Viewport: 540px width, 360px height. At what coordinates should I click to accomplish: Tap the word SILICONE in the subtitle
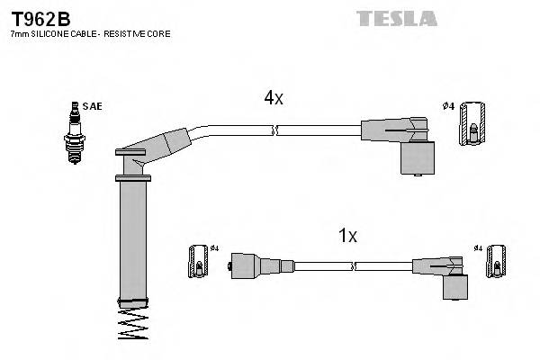click(x=48, y=33)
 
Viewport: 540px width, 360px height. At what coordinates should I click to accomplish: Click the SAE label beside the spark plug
click(x=92, y=106)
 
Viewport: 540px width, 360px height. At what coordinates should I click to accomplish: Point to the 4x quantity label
click(x=274, y=99)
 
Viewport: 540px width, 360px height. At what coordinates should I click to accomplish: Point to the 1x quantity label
click(x=347, y=237)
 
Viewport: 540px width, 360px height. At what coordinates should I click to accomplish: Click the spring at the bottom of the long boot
click(x=132, y=324)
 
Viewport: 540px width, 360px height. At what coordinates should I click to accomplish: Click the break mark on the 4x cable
click(x=274, y=130)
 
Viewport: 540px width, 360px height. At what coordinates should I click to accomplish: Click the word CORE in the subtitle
click(x=159, y=33)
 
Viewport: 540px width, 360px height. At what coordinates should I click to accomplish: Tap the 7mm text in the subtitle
click(x=18, y=33)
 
